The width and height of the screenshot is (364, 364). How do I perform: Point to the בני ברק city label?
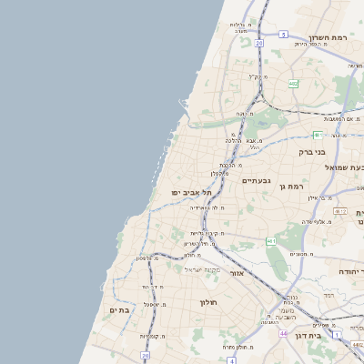312,152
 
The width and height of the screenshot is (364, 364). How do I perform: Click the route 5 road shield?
283,34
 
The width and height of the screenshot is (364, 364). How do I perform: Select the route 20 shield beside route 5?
258,43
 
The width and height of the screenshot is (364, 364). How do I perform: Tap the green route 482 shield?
292,84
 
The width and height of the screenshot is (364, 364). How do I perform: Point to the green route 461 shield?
271,240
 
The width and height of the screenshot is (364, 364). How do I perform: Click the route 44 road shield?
284,334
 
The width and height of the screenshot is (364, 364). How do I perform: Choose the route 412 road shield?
339,210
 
